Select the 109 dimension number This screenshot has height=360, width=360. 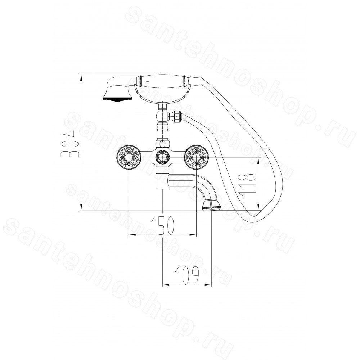(x=186, y=275)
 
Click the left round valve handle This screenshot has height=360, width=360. (x=129, y=158)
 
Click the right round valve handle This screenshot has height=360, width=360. (x=197, y=158)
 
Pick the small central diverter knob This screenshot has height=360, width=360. (x=163, y=158)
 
